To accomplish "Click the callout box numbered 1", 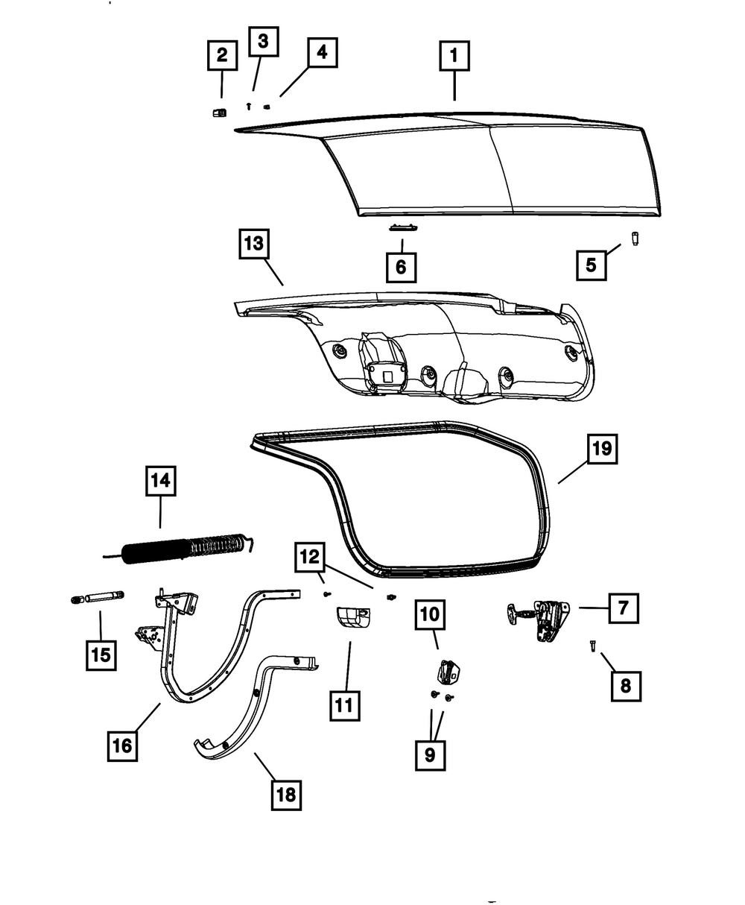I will (x=454, y=56).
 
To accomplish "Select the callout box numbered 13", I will (x=253, y=244).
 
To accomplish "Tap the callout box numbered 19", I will (x=603, y=449).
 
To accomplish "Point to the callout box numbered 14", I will (x=160, y=481).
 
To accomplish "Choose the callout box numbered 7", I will (x=623, y=608).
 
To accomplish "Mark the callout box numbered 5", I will (x=591, y=265).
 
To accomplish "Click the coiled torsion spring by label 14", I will (x=186, y=548).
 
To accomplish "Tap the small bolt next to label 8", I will (x=592, y=646).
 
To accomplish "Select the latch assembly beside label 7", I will (x=540, y=617).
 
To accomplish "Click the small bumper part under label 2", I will (x=218, y=113).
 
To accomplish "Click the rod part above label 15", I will (x=98, y=597).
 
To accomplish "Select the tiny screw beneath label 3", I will (x=250, y=106).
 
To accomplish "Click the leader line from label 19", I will (x=573, y=472).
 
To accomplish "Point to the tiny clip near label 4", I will (x=267, y=107).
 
